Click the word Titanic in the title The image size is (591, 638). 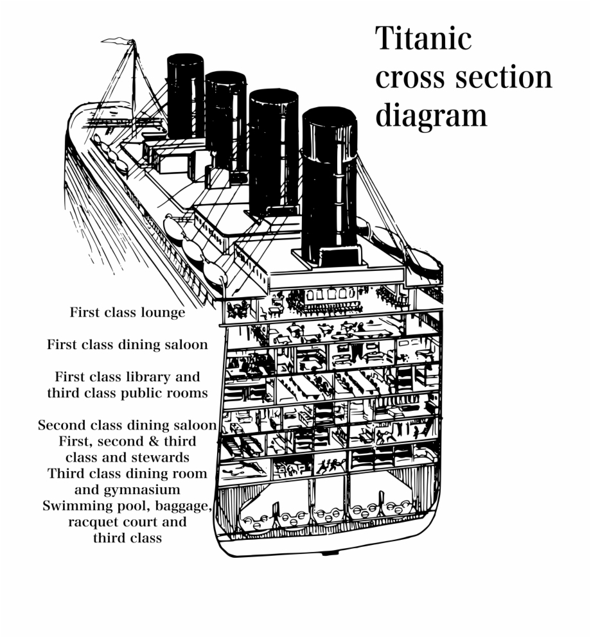(x=423, y=38)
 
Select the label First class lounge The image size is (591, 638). (x=127, y=312)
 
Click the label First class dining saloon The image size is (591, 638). (x=127, y=344)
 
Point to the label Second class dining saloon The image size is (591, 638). (x=127, y=425)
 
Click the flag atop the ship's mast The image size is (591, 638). (x=118, y=40)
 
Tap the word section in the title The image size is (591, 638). (x=504, y=77)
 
